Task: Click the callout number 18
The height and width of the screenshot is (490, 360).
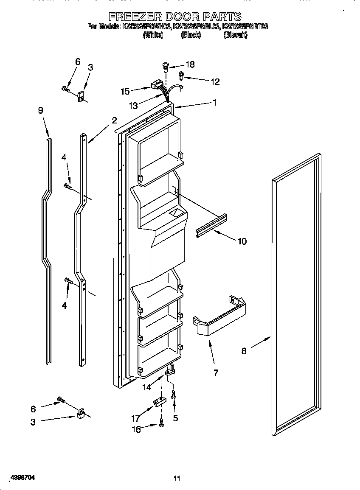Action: (x=190, y=64)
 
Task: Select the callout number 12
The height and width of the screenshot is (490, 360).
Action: (x=215, y=82)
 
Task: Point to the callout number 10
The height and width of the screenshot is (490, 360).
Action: (x=242, y=241)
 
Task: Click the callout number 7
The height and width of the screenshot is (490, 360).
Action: (x=216, y=372)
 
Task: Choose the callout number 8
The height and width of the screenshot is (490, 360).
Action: (x=244, y=351)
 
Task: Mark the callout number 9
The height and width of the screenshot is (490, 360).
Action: (x=40, y=110)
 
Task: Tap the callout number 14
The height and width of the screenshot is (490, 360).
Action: (x=147, y=386)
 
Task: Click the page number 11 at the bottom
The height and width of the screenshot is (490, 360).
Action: (x=177, y=478)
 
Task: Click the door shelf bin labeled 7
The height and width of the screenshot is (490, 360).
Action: (x=219, y=317)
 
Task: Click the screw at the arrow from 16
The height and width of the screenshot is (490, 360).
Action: (x=162, y=423)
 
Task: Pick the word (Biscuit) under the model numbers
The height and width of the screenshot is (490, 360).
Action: (x=235, y=36)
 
